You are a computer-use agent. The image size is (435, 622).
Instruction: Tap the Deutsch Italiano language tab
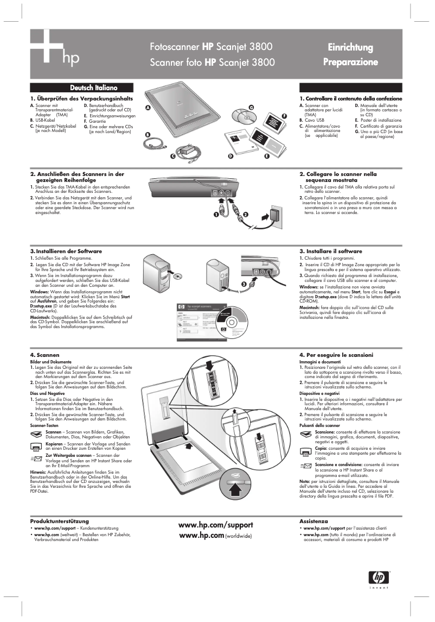(x=93, y=87)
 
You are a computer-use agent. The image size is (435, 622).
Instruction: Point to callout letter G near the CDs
(x=251, y=106)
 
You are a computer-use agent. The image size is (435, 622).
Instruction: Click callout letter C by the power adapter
(x=172, y=156)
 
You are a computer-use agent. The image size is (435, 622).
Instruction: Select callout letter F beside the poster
(x=284, y=116)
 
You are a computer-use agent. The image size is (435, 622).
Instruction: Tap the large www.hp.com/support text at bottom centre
(x=216, y=525)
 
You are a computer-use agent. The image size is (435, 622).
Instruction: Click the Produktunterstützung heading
(x=60, y=521)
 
